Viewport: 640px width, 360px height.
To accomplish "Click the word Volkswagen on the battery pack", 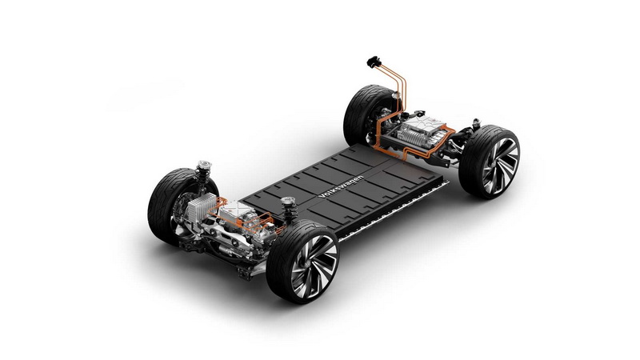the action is pyautogui.click(x=341, y=186).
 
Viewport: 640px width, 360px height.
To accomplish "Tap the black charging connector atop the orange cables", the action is pyautogui.click(x=374, y=62).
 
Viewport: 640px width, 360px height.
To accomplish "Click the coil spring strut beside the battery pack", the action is pyautogui.click(x=289, y=210).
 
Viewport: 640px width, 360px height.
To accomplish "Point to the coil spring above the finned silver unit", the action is pyautogui.click(x=203, y=173).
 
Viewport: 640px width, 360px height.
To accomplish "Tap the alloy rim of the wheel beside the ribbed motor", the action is pyautogui.click(x=499, y=166).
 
